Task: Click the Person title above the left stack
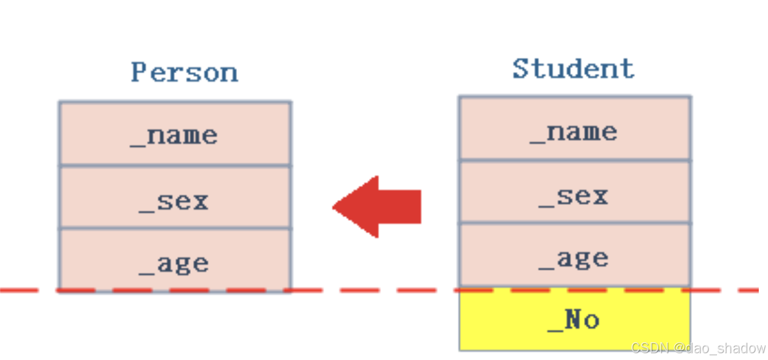(184, 72)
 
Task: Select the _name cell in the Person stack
(175, 134)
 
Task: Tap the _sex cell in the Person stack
(175, 197)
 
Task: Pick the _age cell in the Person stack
(175, 259)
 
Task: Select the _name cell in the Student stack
(574, 129)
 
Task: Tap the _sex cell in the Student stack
(574, 192)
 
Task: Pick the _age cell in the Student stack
(574, 255)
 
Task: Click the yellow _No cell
(574, 319)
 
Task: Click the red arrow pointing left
(377, 207)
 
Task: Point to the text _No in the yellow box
(574, 320)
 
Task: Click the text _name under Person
(174, 135)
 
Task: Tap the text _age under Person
(174, 264)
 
